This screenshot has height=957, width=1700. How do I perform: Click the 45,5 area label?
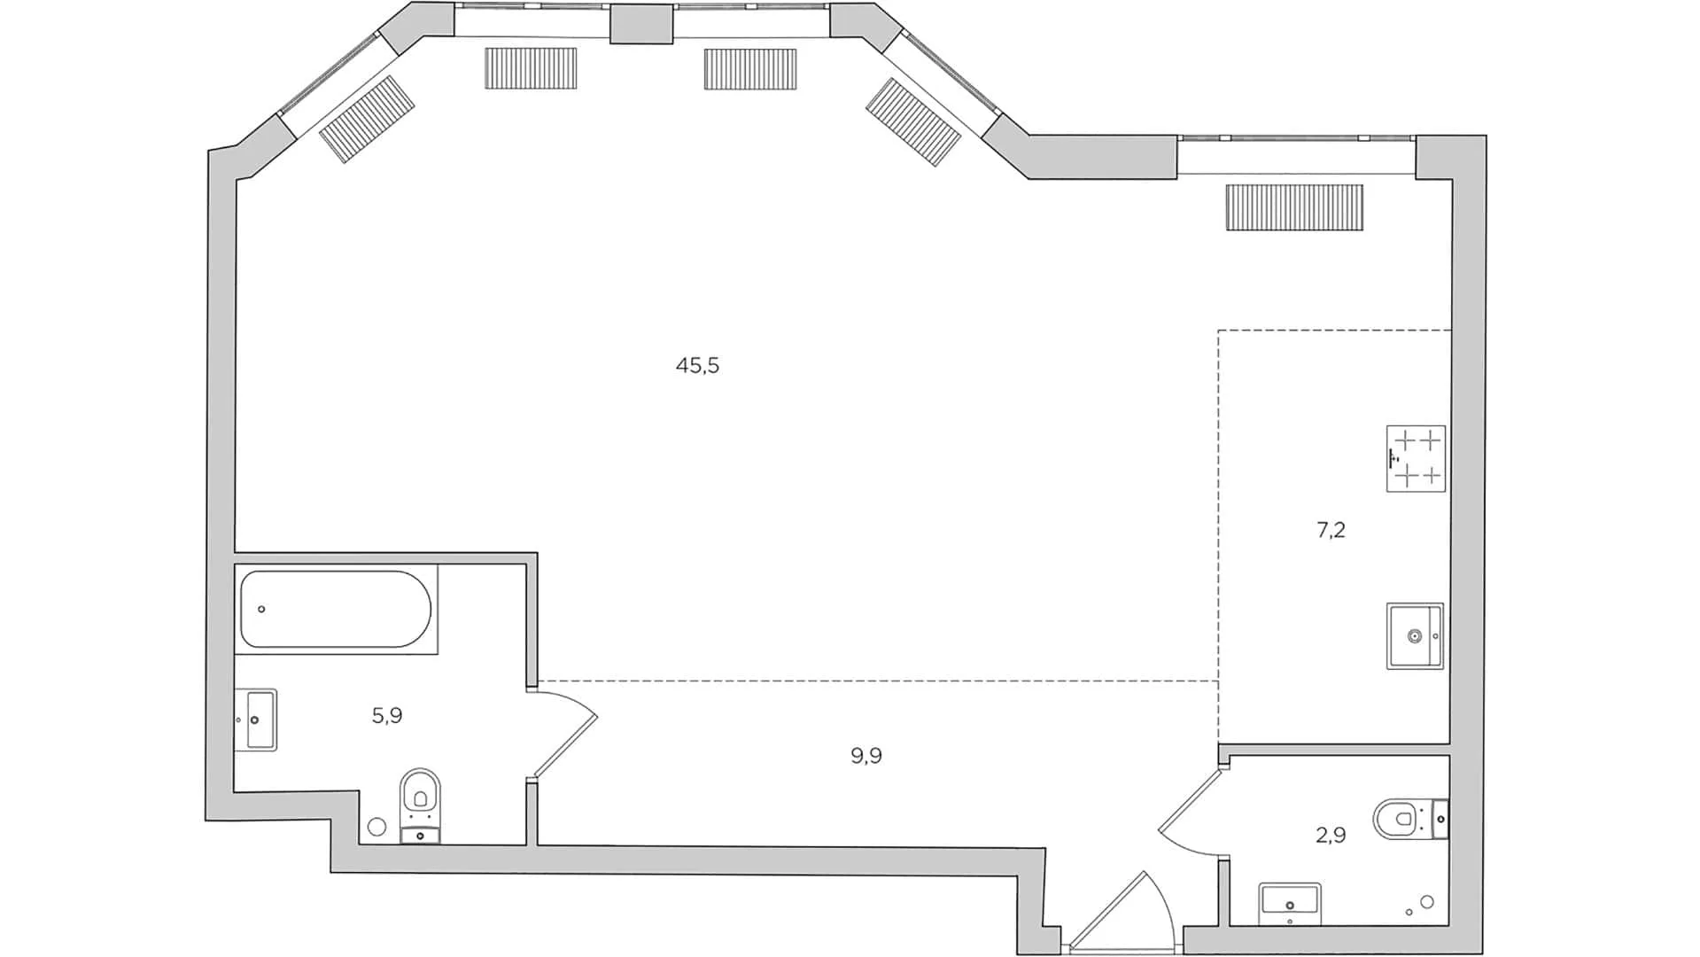(x=697, y=365)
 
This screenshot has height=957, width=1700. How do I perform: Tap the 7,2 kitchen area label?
(x=1331, y=531)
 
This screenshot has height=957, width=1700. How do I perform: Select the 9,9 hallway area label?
(x=866, y=756)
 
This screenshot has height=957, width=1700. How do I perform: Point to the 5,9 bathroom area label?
(x=387, y=715)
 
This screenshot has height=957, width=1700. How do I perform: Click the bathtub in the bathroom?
(x=336, y=610)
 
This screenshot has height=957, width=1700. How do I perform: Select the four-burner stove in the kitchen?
(x=1415, y=458)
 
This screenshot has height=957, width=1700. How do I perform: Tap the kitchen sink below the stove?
(x=1415, y=635)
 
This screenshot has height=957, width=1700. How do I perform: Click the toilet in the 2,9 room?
(x=1398, y=819)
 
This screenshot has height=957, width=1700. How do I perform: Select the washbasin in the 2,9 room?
(x=1290, y=902)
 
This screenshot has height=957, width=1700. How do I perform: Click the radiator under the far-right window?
(x=1294, y=207)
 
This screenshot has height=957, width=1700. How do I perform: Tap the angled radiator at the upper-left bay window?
(x=367, y=120)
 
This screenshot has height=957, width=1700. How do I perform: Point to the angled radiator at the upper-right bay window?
(x=913, y=122)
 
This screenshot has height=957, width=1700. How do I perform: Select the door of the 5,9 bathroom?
(x=563, y=735)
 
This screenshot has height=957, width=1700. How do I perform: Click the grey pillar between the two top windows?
(x=641, y=24)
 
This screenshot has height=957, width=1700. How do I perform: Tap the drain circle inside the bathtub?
(x=261, y=610)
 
